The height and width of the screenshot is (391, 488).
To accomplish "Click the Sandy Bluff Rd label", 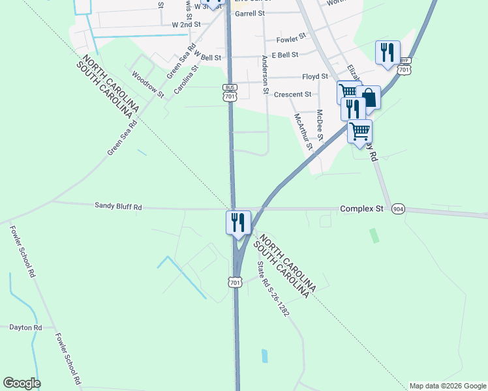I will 118,207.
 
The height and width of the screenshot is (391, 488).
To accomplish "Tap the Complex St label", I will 361,209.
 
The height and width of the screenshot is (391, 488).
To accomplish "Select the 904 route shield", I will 398,209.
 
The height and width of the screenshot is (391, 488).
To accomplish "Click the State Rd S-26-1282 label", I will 273,288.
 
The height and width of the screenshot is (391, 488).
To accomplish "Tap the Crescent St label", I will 293,94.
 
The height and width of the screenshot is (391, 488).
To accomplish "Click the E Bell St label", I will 285,55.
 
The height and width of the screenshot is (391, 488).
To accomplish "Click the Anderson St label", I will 265,75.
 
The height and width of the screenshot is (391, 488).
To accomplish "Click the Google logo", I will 22,383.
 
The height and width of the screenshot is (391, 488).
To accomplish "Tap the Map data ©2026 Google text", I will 447,386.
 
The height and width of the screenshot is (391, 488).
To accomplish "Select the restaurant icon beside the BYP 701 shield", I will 388,52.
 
